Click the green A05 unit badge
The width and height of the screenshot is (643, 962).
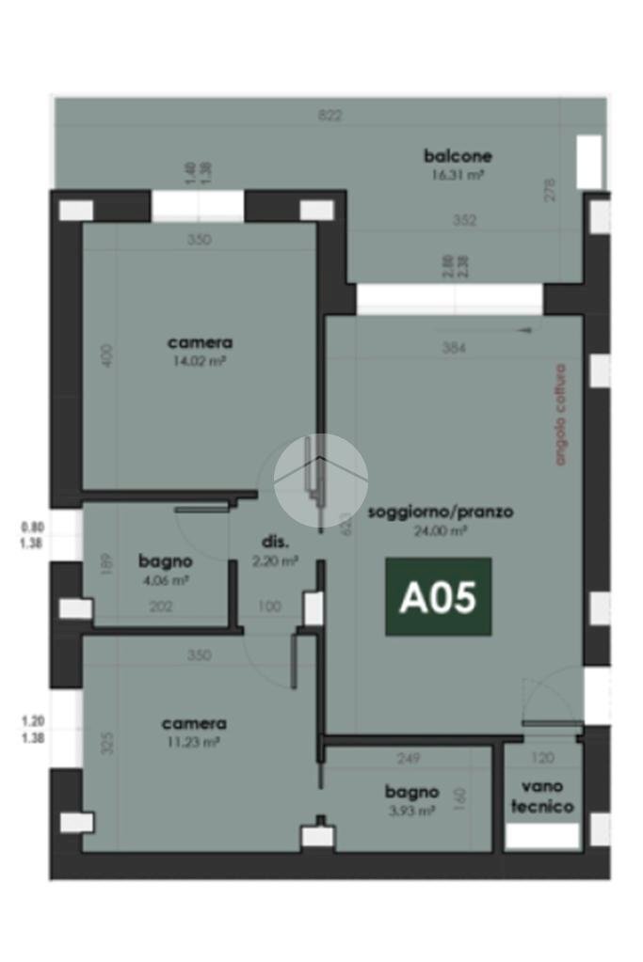pyautogui.click(x=438, y=597)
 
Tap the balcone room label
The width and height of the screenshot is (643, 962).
pyautogui.click(x=458, y=156)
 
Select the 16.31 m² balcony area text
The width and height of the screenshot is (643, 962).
pyautogui.click(x=458, y=175)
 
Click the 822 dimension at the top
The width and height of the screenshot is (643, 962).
pyautogui.click(x=330, y=116)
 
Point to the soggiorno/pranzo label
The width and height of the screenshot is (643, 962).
pyautogui.click(x=441, y=513)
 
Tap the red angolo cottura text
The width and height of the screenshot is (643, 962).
pyautogui.click(x=561, y=415)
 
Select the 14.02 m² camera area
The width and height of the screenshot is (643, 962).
pyautogui.click(x=200, y=360)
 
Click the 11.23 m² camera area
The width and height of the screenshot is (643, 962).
pyautogui.click(x=194, y=741)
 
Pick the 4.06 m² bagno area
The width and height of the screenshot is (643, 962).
pyautogui.click(x=166, y=579)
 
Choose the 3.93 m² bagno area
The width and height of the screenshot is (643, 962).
pyautogui.click(x=411, y=810)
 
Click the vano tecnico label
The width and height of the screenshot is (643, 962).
pyautogui.click(x=541, y=797)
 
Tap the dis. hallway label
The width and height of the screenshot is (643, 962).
pyautogui.click(x=275, y=543)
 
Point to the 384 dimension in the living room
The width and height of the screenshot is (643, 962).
pyautogui.click(x=455, y=348)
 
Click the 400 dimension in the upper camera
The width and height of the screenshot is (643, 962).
pyautogui.click(x=107, y=355)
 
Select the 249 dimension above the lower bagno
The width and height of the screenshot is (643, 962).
pyautogui.click(x=408, y=758)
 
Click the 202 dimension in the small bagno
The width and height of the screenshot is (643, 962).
pyautogui.click(x=162, y=607)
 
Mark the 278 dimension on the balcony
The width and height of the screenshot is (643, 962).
pyautogui.click(x=551, y=190)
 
